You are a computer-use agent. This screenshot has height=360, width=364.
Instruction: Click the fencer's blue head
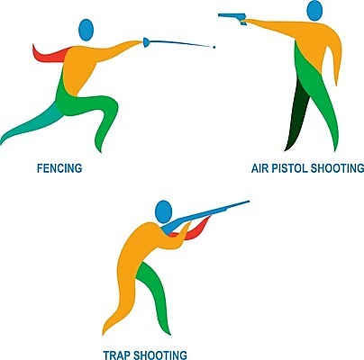86,30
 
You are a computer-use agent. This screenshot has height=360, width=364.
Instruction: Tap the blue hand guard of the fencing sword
146,42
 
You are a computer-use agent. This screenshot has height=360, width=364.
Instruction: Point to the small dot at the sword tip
214,47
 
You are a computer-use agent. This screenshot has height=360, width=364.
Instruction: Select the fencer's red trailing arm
48,55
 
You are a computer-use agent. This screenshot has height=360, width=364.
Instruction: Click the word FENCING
59,168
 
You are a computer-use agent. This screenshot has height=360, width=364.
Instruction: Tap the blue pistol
233,18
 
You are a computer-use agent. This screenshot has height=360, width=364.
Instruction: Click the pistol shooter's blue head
314,11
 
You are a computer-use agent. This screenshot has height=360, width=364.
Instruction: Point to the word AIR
260,168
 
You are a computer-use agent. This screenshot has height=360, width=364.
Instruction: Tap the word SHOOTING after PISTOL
337,168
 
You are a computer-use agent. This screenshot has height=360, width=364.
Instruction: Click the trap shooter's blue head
164,211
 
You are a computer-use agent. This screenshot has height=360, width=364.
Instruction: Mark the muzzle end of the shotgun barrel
249,202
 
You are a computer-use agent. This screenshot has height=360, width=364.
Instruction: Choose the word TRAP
116,355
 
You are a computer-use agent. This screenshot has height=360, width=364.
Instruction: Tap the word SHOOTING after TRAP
159,355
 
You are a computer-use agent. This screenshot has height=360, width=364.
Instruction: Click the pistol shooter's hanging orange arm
334,57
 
